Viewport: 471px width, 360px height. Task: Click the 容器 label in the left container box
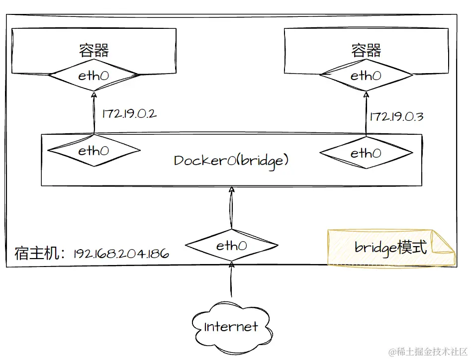pos(94,50)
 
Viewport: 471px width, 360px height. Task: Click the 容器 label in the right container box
pos(366,50)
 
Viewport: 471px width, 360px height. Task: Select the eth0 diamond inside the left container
pos(94,76)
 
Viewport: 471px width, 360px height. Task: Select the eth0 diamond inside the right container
pos(366,76)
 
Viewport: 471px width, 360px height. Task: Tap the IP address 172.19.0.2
pos(129,113)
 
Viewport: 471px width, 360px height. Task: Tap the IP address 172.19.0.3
pos(396,117)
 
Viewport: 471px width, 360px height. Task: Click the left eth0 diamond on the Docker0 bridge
pos(94,150)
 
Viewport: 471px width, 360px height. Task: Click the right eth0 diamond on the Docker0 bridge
pos(366,153)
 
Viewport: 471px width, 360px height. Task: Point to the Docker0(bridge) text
pos(231,160)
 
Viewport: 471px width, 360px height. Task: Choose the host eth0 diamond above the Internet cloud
pos(231,245)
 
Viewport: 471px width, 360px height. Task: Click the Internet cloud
pos(231,326)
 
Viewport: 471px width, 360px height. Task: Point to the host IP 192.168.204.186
pos(121,254)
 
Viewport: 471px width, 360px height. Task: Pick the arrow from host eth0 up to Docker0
pos(231,209)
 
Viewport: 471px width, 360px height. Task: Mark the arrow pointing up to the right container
pos(366,113)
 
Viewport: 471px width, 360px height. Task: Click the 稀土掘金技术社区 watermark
pos(429,352)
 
